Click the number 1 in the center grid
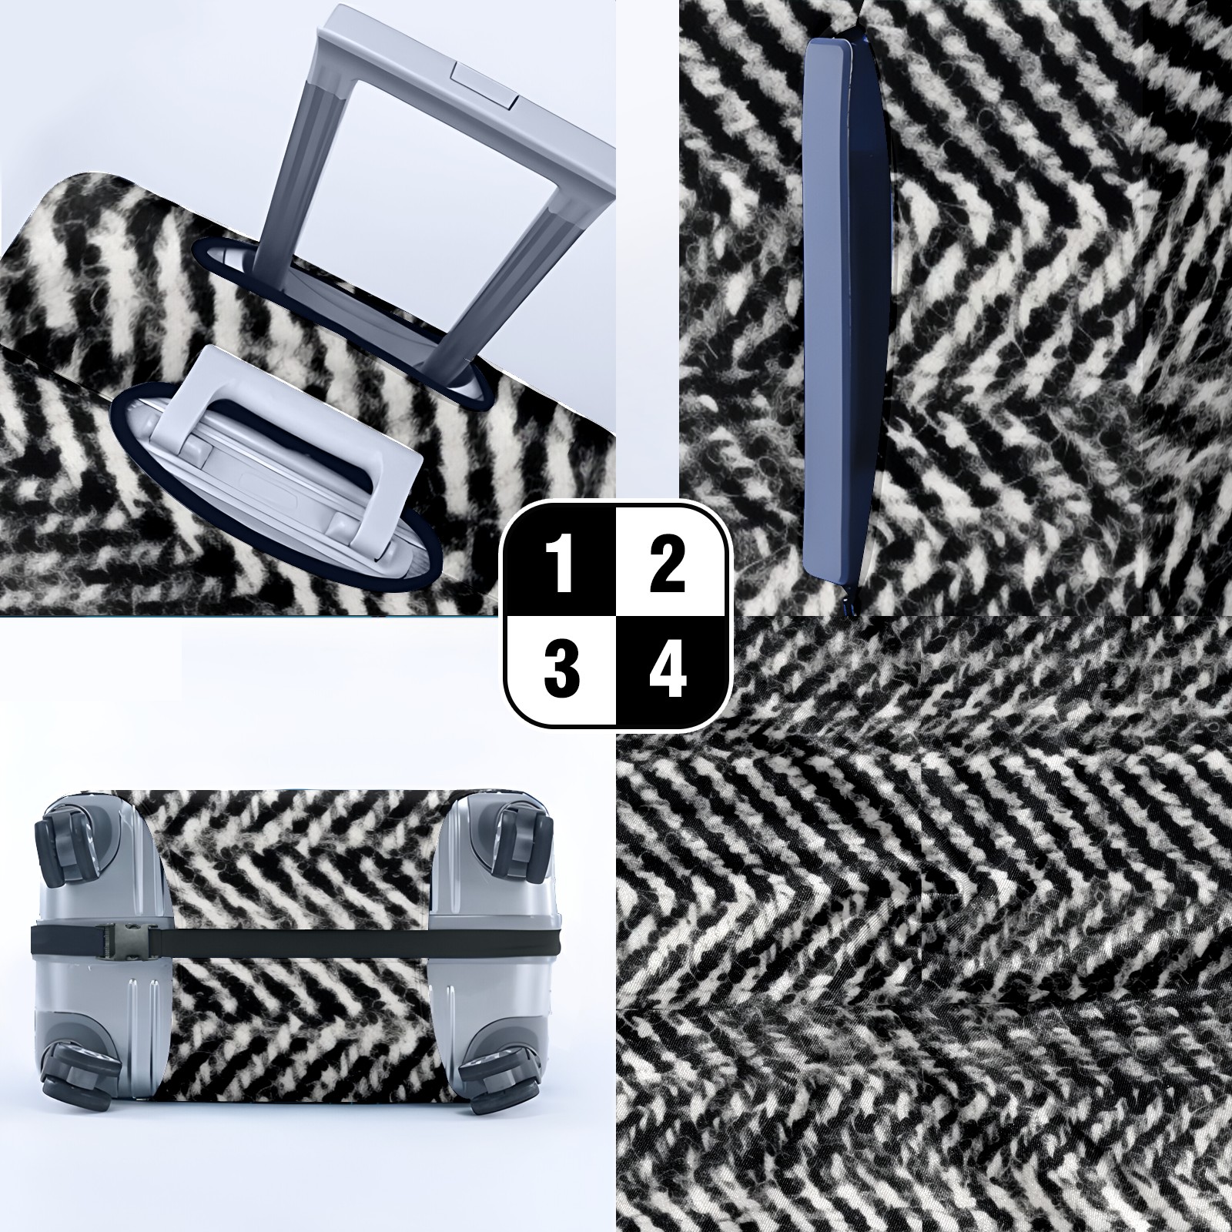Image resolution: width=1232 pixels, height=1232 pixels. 562,566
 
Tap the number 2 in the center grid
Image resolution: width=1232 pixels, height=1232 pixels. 667,566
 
